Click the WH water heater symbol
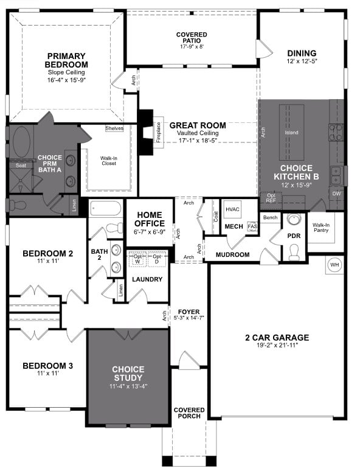334,265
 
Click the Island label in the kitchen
291,132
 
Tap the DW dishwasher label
336,194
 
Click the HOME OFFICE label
149,219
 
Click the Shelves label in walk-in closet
114,128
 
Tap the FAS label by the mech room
252,226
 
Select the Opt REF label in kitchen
271,198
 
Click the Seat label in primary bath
20,165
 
